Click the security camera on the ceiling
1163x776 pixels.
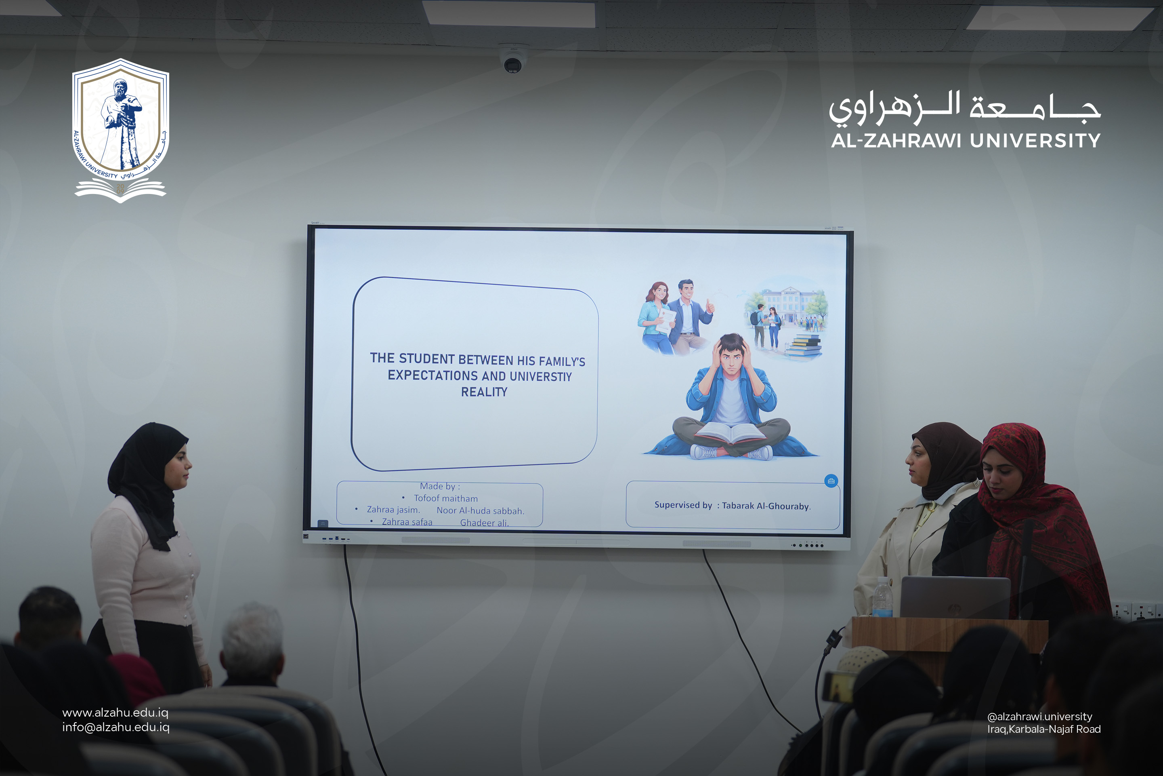point(513,60)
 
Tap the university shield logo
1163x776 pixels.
point(120,130)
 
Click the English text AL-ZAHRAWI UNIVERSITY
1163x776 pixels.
point(966,141)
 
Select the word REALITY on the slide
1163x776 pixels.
point(484,392)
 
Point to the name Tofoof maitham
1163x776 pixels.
point(445,498)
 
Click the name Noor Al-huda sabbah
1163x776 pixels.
point(480,511)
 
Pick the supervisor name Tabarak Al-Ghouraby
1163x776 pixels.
point(766,506)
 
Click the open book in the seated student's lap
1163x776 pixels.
point(731,432)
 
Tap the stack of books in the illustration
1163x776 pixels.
point(804,345)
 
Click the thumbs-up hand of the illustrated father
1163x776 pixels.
point(710,306)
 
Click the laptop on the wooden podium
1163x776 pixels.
point(955,597)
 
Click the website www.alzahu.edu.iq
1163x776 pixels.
point(115,713)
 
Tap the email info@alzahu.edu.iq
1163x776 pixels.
point(116,727)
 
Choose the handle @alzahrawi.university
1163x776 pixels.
point(1039,717)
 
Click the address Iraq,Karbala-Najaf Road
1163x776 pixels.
point(1044,729)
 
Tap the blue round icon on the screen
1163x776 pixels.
point(831,481)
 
